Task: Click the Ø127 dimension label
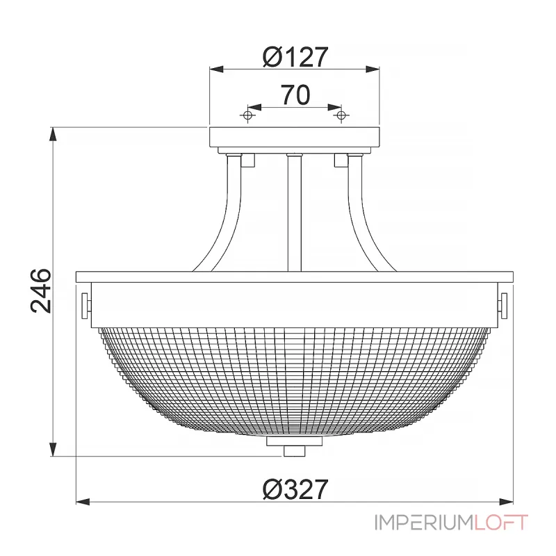(295, 57)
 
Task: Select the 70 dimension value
(295, 95)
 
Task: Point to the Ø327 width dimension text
(295, 490)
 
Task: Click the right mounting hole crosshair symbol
(341, 115)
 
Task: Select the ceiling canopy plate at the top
(295, 138)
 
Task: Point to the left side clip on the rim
(86, 304)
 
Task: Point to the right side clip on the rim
(503, 304)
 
